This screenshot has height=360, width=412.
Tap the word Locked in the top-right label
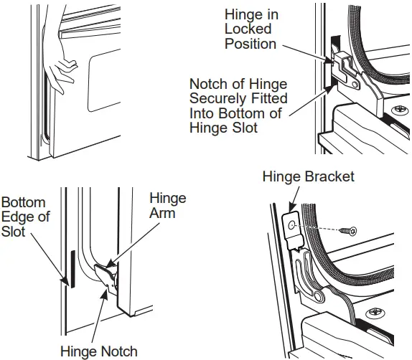[248, 29]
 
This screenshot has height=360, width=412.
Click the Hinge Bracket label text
[308, 176]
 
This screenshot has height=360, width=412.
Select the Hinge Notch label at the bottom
[99, 351]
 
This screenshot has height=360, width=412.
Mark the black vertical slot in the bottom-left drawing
[70, 269]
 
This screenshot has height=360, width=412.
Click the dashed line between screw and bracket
[322, 227]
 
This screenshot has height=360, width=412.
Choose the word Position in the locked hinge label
[251, 44]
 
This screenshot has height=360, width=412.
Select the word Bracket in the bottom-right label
[329, 176]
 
